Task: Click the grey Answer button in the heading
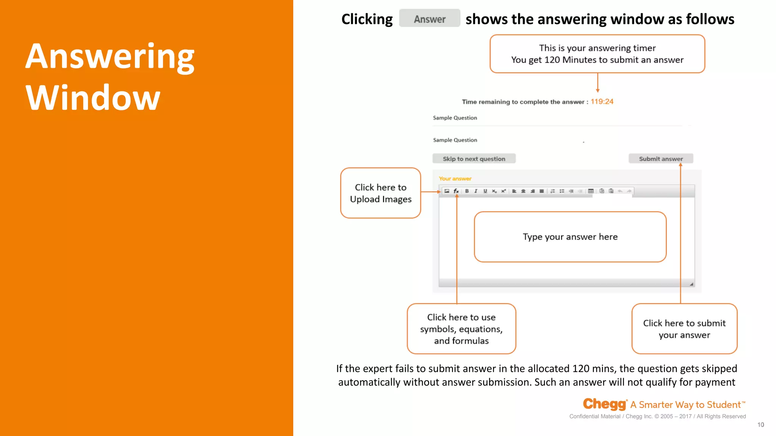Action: (430, 19)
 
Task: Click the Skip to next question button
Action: (474, 159)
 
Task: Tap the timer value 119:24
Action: (602, 101)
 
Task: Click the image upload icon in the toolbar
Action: (447, 191)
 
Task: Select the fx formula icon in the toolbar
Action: (456, 191)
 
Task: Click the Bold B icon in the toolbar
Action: (467, 191)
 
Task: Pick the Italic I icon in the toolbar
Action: (476, 191)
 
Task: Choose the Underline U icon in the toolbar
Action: (485, 191)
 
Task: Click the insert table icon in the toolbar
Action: (591, 191)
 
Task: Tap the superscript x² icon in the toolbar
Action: (504, 191)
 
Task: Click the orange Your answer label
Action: (455, 179)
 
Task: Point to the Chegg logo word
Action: (604, 404)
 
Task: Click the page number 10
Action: (760, 425)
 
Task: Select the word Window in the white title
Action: (93, 98)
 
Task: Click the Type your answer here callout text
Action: (570, 237)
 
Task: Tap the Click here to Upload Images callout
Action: (380, 193)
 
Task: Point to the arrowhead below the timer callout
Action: (598, 90)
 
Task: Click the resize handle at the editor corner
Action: (692, 284)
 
